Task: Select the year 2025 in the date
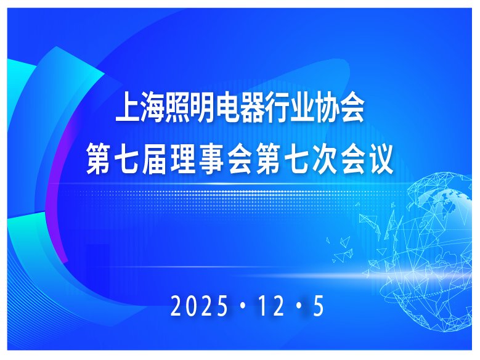(x=198, y=306)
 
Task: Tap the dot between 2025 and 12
(x=241, y=306)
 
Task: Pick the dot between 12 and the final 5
(x=299, y=306)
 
